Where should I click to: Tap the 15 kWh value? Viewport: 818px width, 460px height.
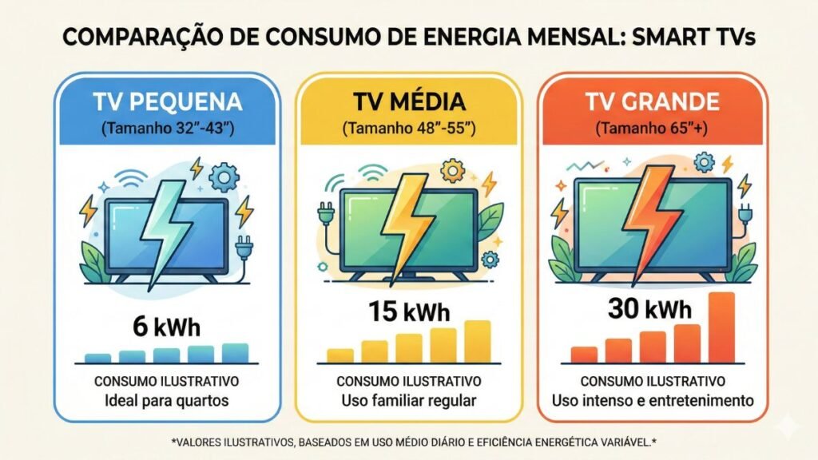(408, 312)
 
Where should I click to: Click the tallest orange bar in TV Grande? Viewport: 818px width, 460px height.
(721, 327)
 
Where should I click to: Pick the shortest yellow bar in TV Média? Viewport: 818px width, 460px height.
(340, 355)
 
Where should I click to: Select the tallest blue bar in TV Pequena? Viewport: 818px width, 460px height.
(236, 353)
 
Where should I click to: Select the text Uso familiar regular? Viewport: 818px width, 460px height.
(408, 400)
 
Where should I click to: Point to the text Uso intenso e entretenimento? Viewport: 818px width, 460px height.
(652, 400)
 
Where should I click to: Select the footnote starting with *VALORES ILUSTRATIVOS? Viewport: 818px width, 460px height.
(409, 440)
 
